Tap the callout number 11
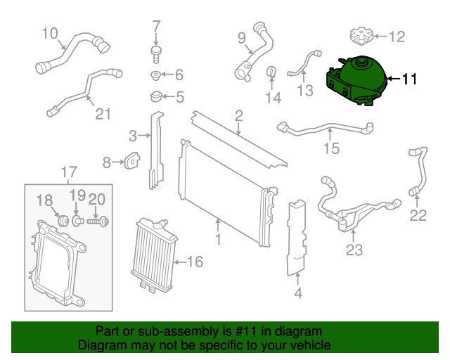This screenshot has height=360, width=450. click(409, 79)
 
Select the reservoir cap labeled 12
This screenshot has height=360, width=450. click(359, 34)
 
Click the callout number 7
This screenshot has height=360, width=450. click(157, 28)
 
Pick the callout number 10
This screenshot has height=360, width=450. click(49, 32)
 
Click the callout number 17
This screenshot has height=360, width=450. click(68, 171)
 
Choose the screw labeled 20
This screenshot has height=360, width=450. click(98, 221)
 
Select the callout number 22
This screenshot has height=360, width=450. click(418, 216)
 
